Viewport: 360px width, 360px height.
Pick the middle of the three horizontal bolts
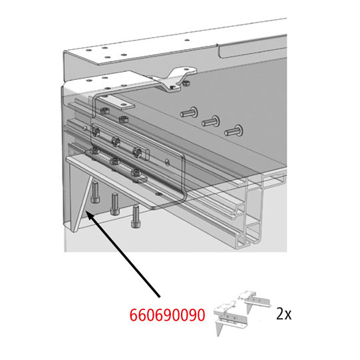click(x=212, y=121)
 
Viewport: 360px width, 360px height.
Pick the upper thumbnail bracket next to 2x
click(x=254, y=299)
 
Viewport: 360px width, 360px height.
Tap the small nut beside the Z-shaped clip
click(x=187, y=83)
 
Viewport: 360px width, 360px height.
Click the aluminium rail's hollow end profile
click(x=256, y=220)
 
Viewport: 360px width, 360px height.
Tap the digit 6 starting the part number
click(x=132, y=313)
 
